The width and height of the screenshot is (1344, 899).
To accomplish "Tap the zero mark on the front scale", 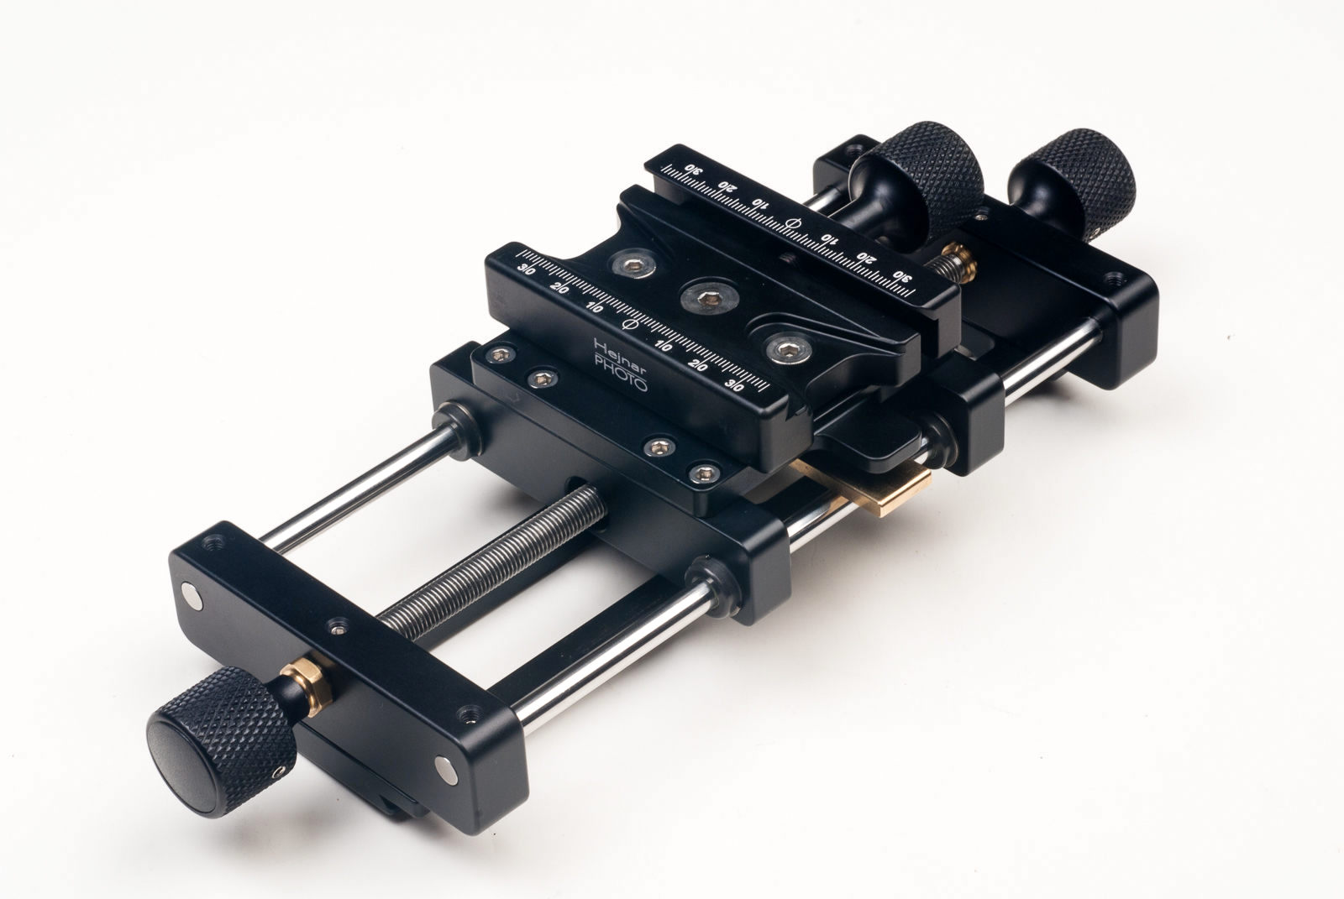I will coord(626,324).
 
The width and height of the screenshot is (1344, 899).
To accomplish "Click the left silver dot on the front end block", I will coord(195,595).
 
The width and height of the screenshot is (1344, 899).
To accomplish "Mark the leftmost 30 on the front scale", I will coord(528,269).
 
